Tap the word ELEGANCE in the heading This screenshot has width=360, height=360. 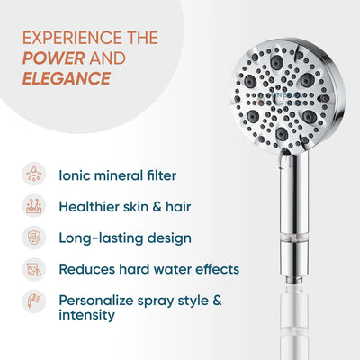[x=67, y=78]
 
